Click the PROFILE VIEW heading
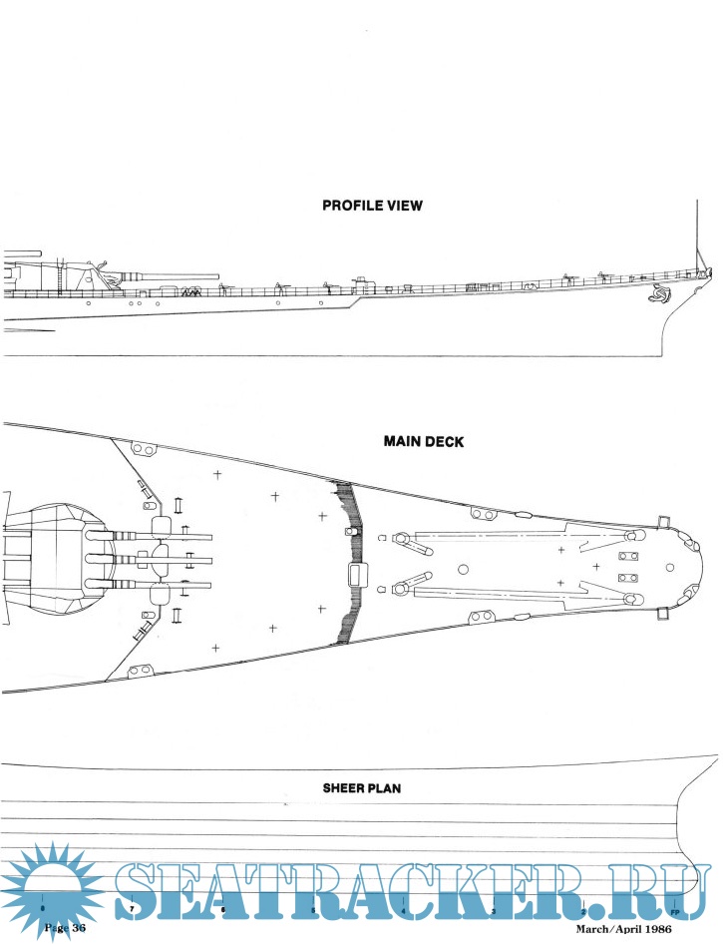click(x=372, y=206)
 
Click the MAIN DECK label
click(x=423, y=441)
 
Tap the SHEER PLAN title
click(x=361, y=787)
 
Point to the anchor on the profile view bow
click(x=659, y=294)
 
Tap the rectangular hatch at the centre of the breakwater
click(x=356, y=574)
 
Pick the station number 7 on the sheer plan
click(x=132, y=909)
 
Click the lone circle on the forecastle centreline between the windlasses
click(x=463, y=568)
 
